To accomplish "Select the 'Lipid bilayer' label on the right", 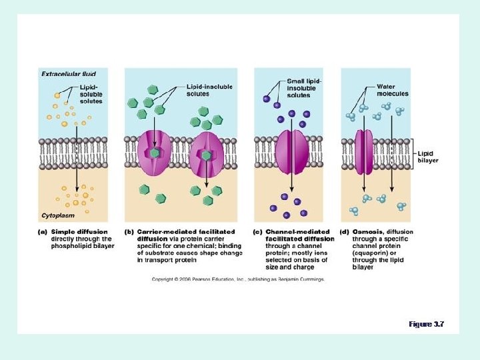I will [x=427, y=156].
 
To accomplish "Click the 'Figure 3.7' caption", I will [x=426, y=324].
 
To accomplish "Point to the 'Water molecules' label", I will [x=392, y=90].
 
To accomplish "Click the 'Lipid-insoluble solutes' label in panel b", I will [x=207, y=90].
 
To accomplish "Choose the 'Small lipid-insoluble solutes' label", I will [x=304, y=88].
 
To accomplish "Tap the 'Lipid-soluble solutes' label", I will [x=91, y=94].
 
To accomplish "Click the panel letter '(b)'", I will [x=129, y=232].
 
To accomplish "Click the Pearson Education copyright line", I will [x=238, y=279].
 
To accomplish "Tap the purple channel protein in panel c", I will [x=291, y=153].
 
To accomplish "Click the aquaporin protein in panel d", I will [x=363, y=153].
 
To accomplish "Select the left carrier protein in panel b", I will [x=155, y=154].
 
